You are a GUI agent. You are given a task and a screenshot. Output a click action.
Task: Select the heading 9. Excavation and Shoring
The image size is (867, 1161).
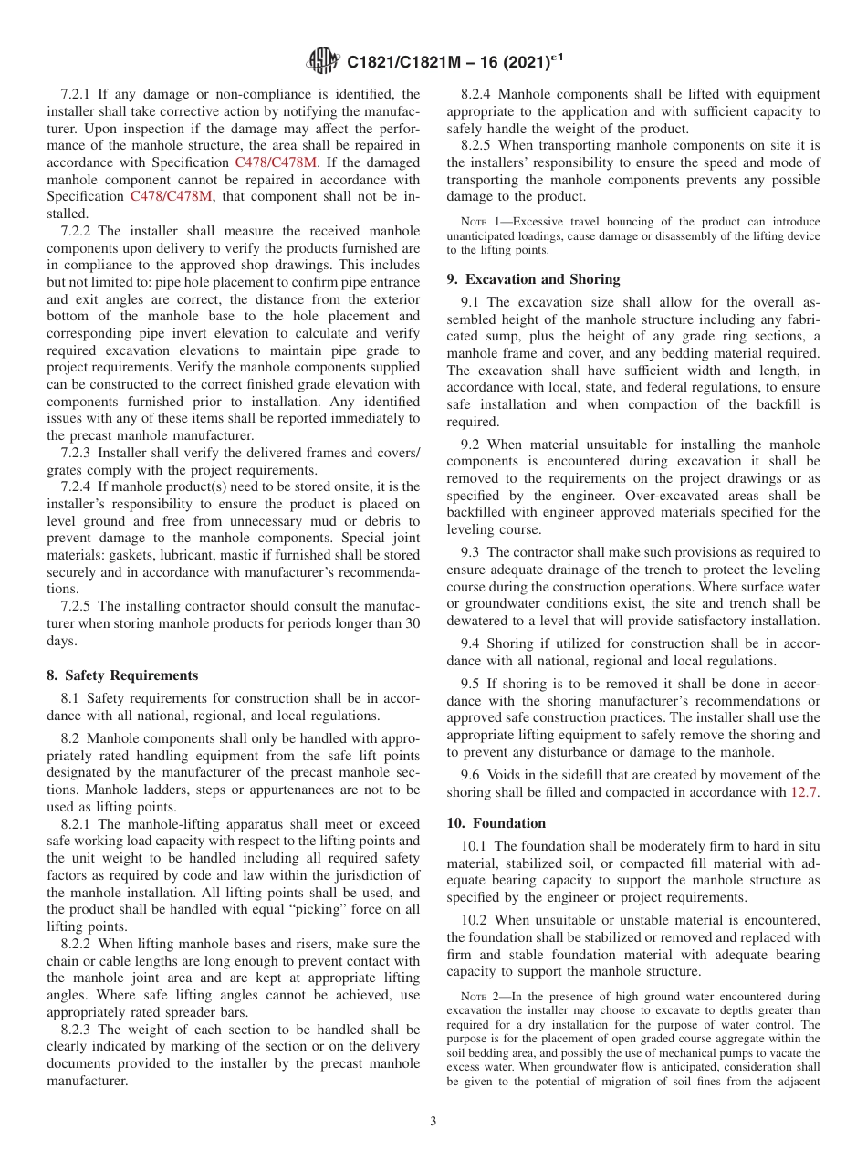tap(533, 279)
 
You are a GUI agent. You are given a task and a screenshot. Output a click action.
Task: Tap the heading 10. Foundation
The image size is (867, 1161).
tap(496, 822)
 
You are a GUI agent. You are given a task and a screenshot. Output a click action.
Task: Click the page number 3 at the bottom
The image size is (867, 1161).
tap(433, 1121)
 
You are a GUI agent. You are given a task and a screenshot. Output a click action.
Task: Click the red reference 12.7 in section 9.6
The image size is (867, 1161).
tap(804, 792)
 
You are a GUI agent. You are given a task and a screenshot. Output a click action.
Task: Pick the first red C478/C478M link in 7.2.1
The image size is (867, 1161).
tap(277, 162)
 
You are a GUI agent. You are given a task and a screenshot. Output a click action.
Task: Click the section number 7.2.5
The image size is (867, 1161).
tap(76, 606)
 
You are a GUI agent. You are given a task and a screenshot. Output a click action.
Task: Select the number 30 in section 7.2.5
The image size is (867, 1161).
tap(413, 623)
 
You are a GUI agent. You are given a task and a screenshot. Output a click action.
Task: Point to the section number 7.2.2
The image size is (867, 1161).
tap(76, 231)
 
